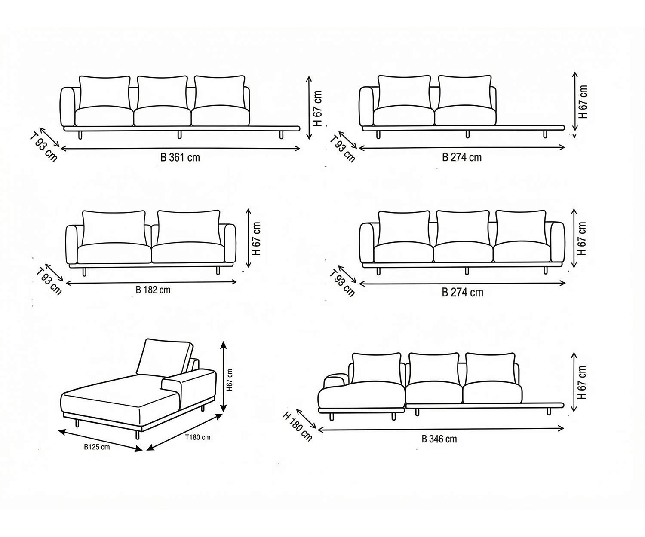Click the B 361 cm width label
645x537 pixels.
(x=180, y=157)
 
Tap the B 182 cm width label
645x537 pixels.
(x=153, y=290)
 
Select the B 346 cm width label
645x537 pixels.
(x=439, y=439)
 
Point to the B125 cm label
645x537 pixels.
(x=97, y=447)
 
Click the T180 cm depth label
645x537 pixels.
(x=198, y=438)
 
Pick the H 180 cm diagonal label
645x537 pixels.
(x=297, y=426)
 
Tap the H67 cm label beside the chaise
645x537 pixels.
(x=230, y=380)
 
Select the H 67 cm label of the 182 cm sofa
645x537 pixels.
(x=257, y=239)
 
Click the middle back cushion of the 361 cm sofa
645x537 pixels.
(x=162, y=92)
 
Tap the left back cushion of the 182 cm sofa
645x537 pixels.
(x=114, y=226)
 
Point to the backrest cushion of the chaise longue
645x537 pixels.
(x=163, y=357)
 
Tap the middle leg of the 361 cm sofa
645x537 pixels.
(x=179, y=135)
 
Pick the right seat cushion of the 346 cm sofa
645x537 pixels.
(x=492, y=393)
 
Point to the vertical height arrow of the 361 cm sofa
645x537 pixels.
(x=309, y=107)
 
